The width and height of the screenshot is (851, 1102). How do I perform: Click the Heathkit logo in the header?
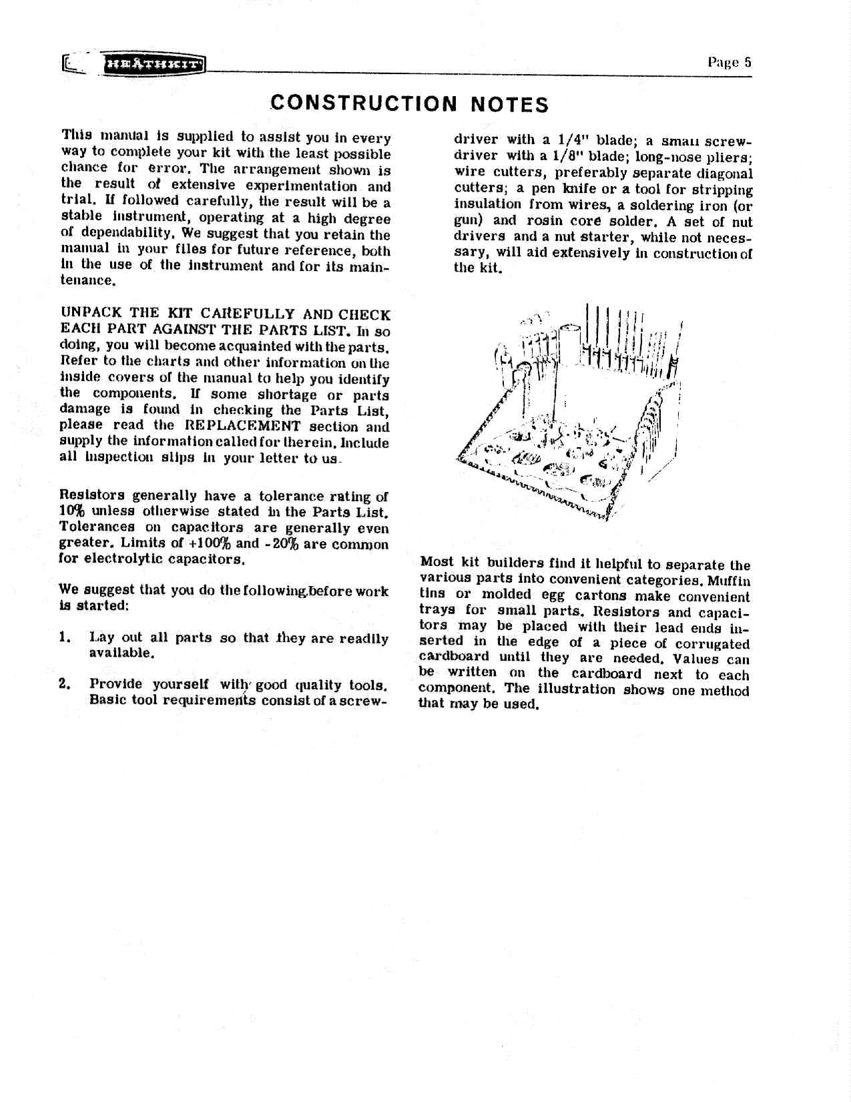153,65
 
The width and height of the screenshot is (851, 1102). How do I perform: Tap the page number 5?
748,62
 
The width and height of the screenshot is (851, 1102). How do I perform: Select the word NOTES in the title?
510,105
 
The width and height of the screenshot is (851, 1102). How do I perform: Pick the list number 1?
65,637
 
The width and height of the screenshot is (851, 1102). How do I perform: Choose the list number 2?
65,684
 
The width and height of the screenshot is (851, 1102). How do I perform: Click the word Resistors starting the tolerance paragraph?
92,495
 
